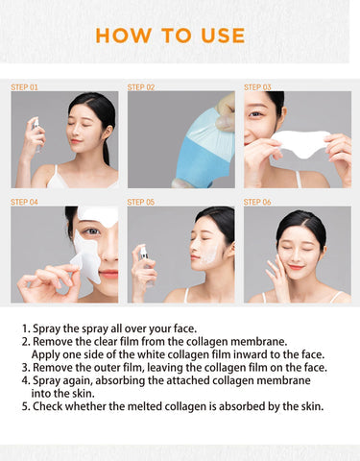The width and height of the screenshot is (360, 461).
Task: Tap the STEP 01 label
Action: click(24, 86)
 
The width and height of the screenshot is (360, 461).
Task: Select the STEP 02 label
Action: click(141, 86)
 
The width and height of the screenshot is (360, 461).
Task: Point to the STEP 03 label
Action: click(257, 86)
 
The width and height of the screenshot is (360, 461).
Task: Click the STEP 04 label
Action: click(24, 202)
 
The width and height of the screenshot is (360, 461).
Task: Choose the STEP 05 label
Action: click(141, 202)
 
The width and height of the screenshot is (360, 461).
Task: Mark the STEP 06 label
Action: click(257, 202)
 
